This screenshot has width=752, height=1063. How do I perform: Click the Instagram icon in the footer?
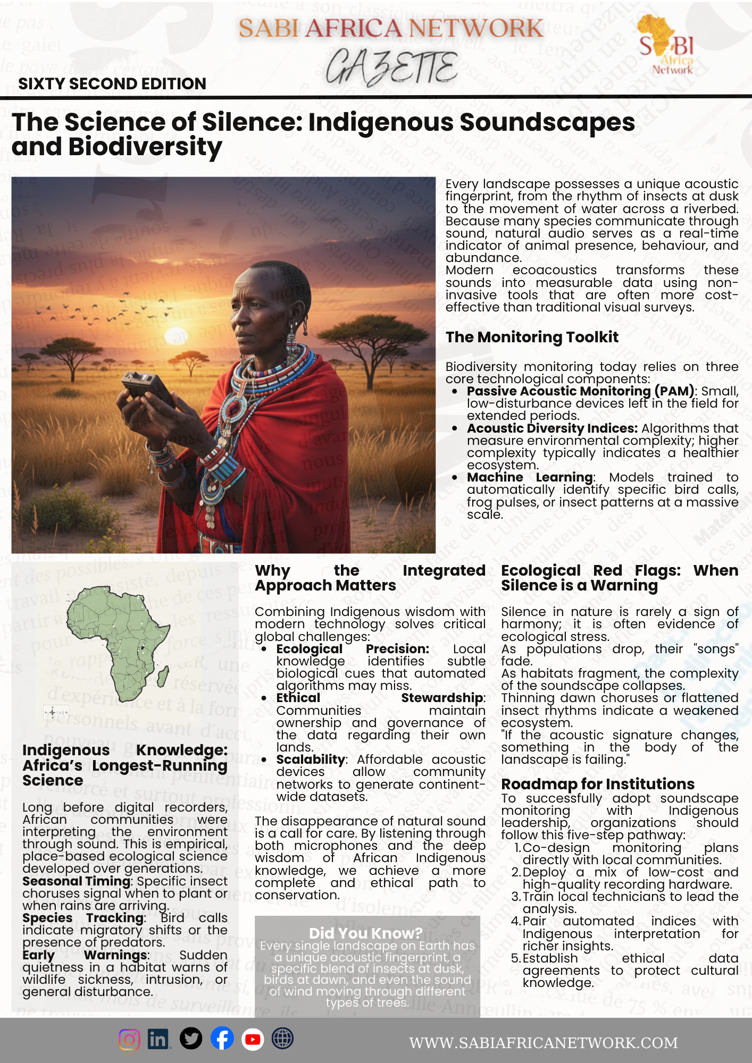pyautogui.click(x=129, y=1039)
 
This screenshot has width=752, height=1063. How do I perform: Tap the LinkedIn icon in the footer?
pyautogui.click(x=158, y=1039)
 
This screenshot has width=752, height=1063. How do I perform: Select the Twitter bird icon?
pyautogui.click(x=191, y=1039)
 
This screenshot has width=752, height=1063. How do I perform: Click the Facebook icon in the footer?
pyautogui.click(x=222, y=1039)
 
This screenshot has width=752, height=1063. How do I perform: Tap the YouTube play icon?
pyautogui.click(x=253, y=1039)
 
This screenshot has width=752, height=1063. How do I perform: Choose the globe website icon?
pyautogui.click(x=282, y=1039)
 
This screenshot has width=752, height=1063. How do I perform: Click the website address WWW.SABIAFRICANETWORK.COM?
pyautogui.click(x=543, y=1043)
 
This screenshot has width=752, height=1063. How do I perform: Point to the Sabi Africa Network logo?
pyautogui.click(x=667, y=45)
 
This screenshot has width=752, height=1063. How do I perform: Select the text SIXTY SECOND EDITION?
pyautogui.click(x=112, y=84)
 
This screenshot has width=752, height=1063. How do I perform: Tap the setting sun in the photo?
pyautogui.click(x=177, y=336)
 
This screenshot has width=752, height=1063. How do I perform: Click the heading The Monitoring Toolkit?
pyautogui.click(x=532, y=337)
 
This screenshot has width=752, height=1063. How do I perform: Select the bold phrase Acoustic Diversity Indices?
pyautogui.click(x=552, y=428)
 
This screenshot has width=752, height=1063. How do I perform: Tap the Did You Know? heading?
pyautogui.click(x=366, y=933)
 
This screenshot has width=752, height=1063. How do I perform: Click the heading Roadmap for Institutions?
pyautogui.click(x=598, y=784)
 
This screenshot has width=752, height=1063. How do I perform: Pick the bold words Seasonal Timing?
pyautogui.click(x=77, y=881)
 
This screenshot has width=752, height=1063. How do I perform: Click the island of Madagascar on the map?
pyautogui.click(x=163, y=677)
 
